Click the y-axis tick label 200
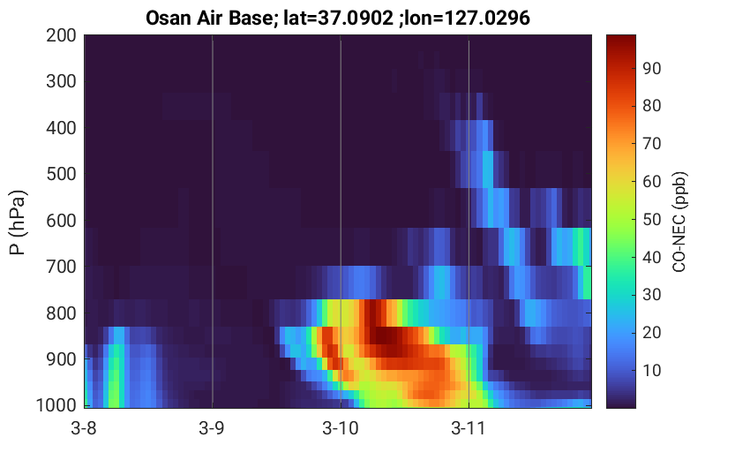point(61,35)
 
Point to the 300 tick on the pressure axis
point(61,81)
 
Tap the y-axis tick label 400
point(61,127)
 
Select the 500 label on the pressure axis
point(61,174)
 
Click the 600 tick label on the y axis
point(61,221)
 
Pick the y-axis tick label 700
point(61,267)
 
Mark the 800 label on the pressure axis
point(61,313)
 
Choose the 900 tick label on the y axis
point(61,359)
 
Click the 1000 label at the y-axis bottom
point(56,404)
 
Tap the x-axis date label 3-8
point(84,428)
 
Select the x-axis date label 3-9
point(212,428)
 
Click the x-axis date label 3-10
point(341,428)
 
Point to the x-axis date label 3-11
point(469,428)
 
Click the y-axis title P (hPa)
point(18,222)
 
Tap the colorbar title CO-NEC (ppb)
point(679,222)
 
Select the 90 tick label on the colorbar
point(651,69)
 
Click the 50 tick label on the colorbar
point(651,220)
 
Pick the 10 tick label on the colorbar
point(651,371)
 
